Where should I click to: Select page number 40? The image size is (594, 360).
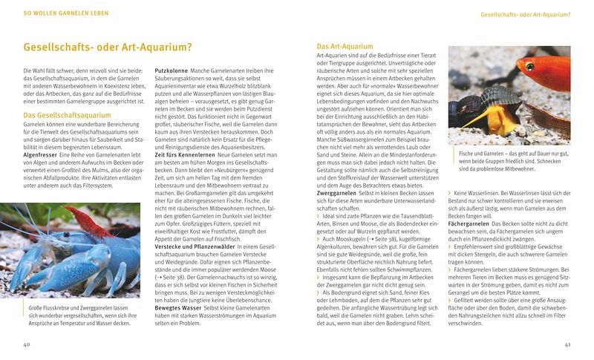pyautogui.click(x=26, y=344)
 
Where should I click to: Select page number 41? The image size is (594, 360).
pyautogui.click(x=567, y=344)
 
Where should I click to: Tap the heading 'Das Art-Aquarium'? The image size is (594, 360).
pyautogui.click(x=341, y=47)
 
